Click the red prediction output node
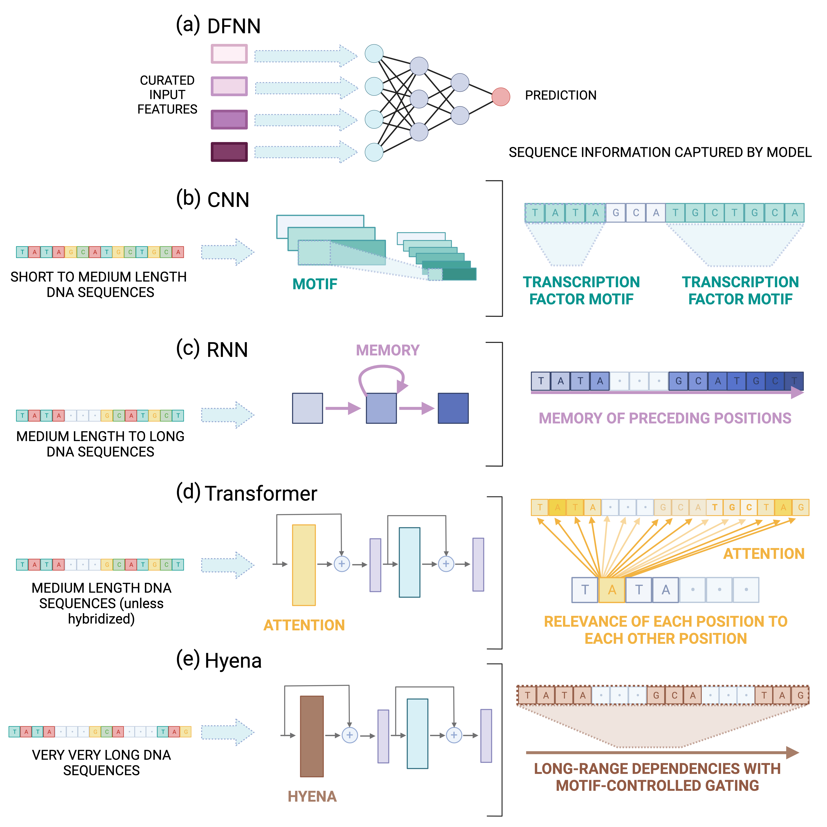point(500,97)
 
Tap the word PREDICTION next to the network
point(560,95)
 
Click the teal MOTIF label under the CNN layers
point(315,284)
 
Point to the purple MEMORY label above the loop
point(387,350)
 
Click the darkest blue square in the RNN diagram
point(453,408)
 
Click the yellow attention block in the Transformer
point(303,565)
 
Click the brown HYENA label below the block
point(312,796)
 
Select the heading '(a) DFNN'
point(218,26)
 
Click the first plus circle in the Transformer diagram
point(342,564)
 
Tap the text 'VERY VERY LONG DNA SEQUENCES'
point(101,762)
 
